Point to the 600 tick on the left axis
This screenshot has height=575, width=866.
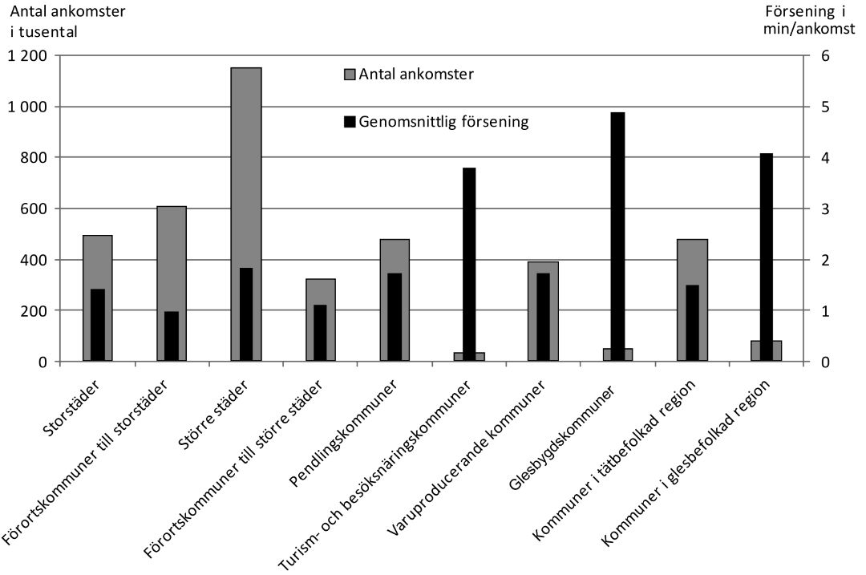(36, 209)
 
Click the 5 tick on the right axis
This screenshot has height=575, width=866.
(821, 107)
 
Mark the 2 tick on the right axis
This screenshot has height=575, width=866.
(821, 260)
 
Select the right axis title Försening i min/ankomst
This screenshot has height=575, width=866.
(811, 22)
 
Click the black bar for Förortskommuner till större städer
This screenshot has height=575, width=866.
(320, 333)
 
